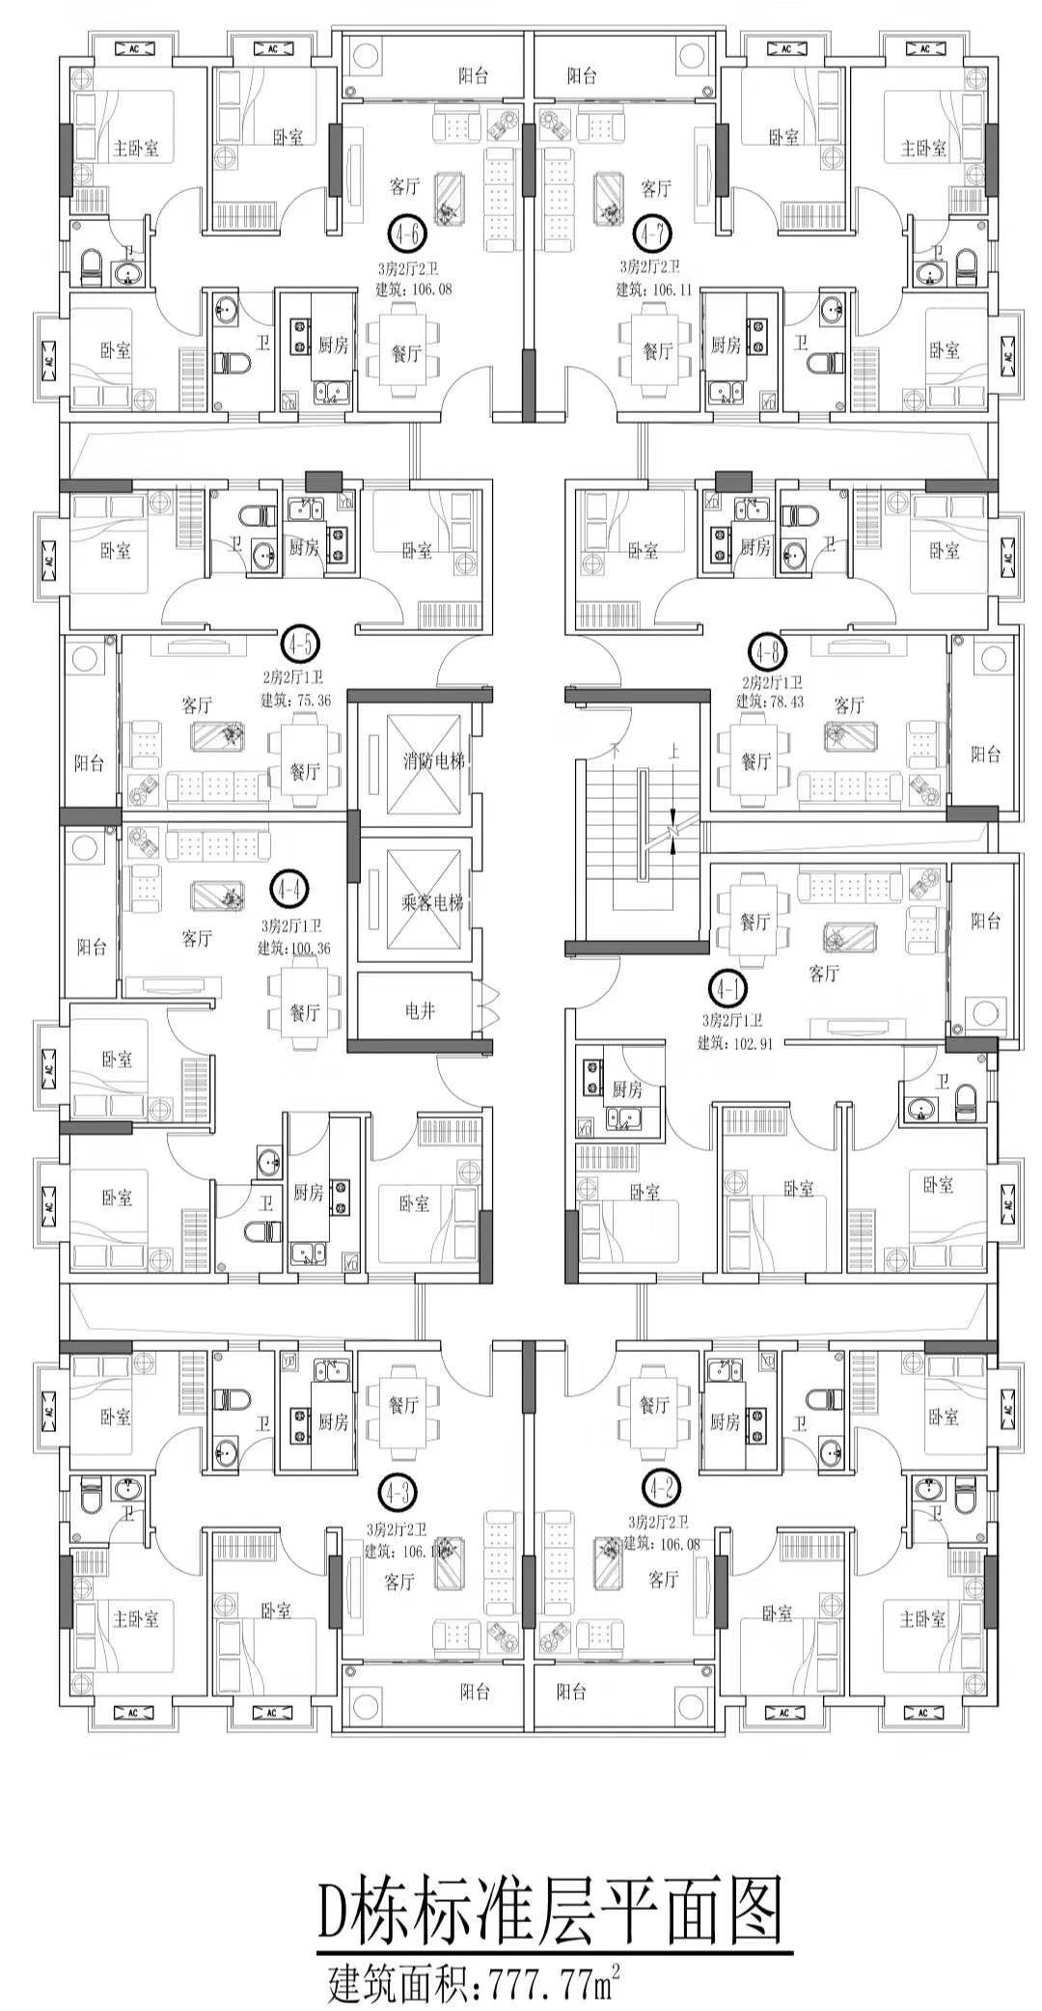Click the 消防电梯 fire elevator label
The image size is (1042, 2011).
(433, 761)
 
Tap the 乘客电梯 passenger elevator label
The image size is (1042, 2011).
(432, 903)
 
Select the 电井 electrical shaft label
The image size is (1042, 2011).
(420, 1011)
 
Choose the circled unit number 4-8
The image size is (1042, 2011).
(768, 653)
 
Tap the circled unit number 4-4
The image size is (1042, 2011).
(287, 889)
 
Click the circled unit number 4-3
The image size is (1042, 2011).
(398, 1493)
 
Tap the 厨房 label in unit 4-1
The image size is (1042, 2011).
(627, 1090)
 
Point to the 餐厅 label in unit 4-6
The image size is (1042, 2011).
(406, 354)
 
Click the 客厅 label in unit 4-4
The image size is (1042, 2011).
(197, 938)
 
